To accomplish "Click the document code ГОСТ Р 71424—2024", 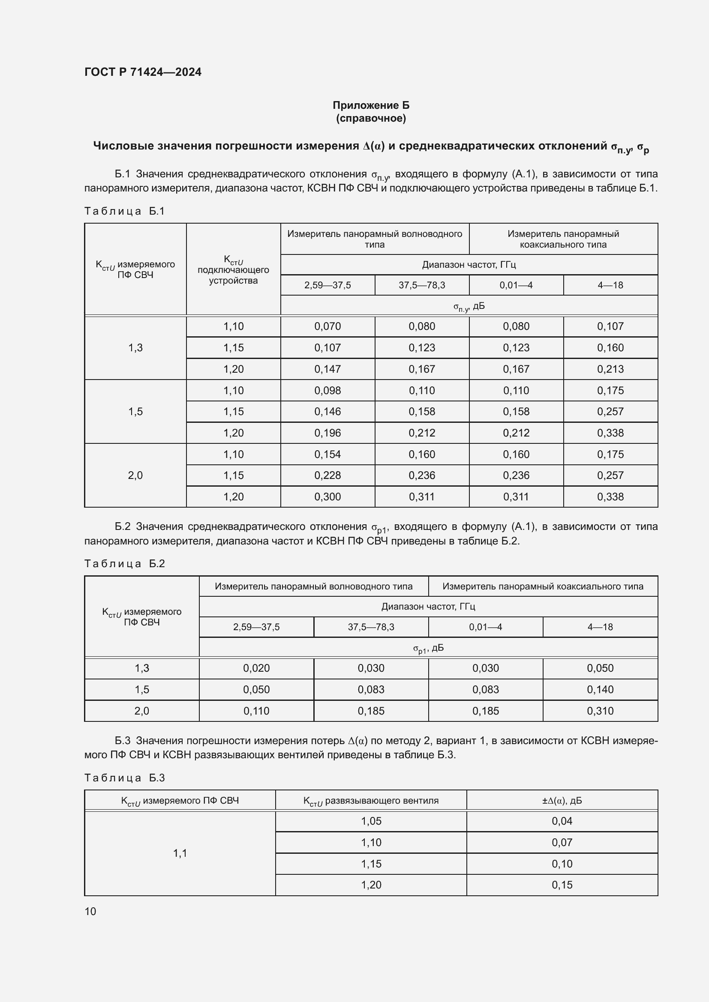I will (143, 72).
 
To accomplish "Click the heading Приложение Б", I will (371, 105).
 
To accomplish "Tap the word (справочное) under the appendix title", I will (371, 118).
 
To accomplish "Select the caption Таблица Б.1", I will (124, 211).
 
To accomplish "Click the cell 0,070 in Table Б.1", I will (327, 326).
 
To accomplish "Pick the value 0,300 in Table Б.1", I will (327, 497).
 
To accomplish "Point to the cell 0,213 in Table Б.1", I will (610, 369).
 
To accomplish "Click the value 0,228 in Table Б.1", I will (327, 475).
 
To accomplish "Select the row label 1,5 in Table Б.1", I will (135, 412).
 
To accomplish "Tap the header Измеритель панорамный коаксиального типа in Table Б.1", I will (563, 239).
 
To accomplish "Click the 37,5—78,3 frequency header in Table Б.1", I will (422, 285).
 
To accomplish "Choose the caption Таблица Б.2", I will (124, 564).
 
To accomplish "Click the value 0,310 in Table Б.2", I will (600, 711).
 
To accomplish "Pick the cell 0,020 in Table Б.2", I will (256, 668).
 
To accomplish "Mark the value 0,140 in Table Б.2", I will (600, 690).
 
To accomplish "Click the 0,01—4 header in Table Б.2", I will (486, 627).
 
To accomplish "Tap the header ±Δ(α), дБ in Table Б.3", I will (562, 801).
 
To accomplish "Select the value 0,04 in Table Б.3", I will (562, 821).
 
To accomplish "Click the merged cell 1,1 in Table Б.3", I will (180, 853).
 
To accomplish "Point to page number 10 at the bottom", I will (90, 911).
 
